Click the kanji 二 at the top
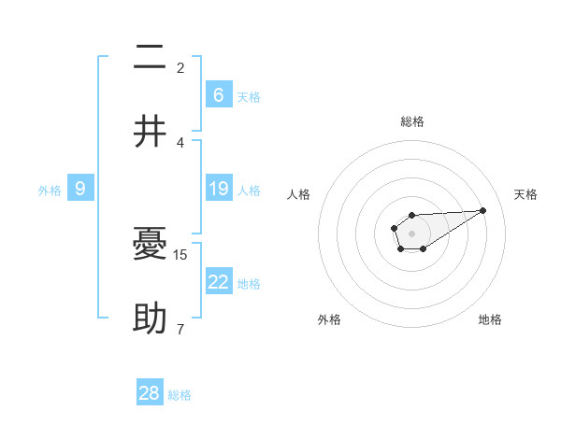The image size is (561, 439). tap(150, 60)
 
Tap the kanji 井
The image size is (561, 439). tap(150, 132)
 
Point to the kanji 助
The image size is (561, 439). tap(150, 320)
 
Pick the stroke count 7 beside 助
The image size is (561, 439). tap(180, 329)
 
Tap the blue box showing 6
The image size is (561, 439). tap(219, 95)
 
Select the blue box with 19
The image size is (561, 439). tap(219, 190)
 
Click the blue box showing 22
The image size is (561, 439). tap(219, 283)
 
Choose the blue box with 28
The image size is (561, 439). tap(150, 393)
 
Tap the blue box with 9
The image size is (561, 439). tap(80, 190)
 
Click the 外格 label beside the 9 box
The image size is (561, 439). tap(50, 191)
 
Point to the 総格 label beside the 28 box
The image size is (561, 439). tap(180, 395)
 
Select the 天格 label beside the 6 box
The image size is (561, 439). tap(249, 97)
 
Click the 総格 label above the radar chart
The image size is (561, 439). tap(412, 121)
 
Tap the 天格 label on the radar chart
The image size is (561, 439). tap(526, 194)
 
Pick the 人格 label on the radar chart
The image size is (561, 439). tap(299, 194)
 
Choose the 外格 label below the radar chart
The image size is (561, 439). tap(329, 319)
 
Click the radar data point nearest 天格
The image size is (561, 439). tap(483, 209)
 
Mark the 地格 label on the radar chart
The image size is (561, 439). tap(490, 319)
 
